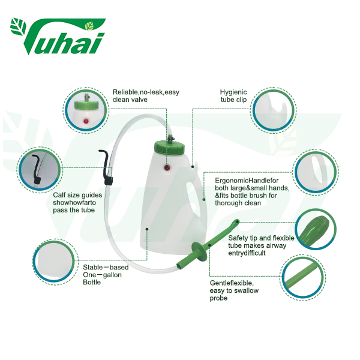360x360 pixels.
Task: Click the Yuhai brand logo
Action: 58,36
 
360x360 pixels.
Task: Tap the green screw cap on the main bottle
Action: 169,147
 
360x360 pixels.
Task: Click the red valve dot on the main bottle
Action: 167,168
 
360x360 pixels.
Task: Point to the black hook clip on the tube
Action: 106,167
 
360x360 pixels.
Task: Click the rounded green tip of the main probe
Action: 236,222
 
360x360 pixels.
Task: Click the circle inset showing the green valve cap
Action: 86,110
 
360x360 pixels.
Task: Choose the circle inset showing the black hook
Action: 40,170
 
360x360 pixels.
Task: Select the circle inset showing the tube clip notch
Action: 273,110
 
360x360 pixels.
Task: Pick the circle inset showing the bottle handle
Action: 316,172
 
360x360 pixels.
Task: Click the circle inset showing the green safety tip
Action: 316,229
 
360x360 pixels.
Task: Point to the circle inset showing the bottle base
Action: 55,262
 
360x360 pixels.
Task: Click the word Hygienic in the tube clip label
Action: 233,92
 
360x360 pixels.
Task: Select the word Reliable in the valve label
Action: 125,92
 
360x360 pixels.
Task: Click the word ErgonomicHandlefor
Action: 247,181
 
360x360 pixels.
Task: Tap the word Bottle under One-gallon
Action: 92,282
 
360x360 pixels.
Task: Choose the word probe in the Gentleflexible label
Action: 218,298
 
